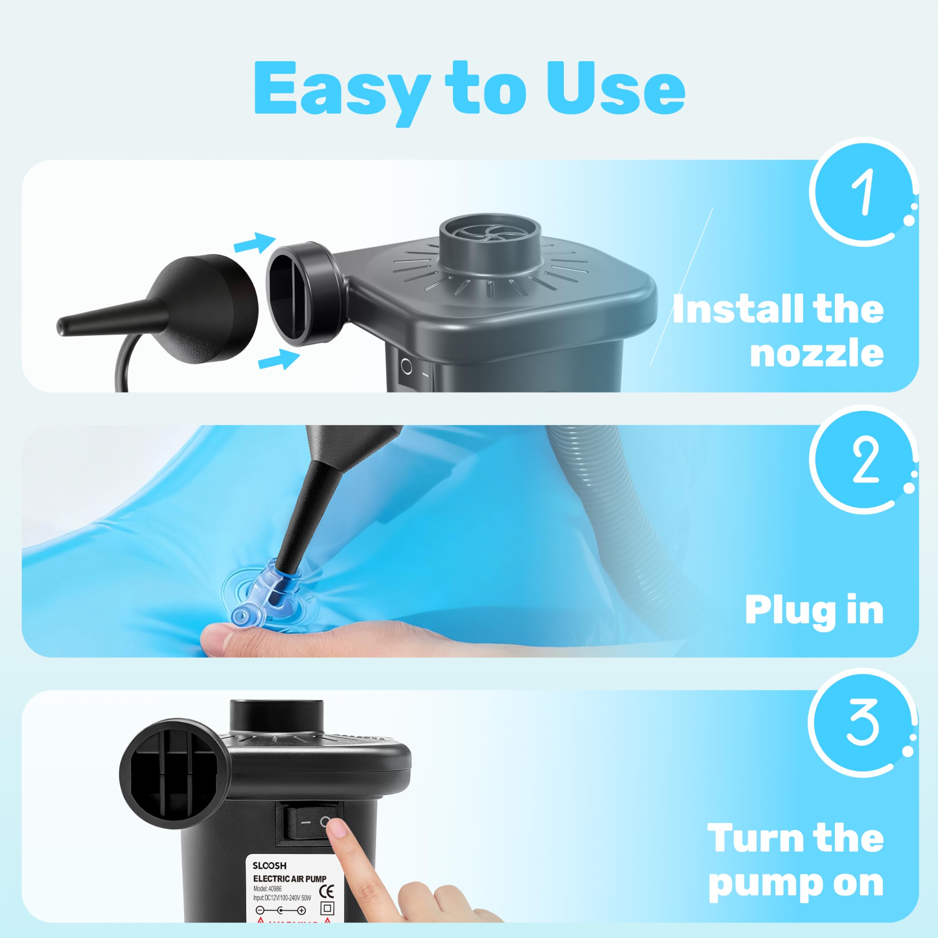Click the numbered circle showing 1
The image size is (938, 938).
coord(862,192)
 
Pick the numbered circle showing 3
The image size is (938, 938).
coord(862,723)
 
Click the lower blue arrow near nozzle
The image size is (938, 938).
coord(279,360)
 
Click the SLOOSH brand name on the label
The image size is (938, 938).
coord(269,866)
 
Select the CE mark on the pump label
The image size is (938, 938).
coord(327,891)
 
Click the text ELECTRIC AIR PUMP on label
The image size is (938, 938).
coord(290,879)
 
